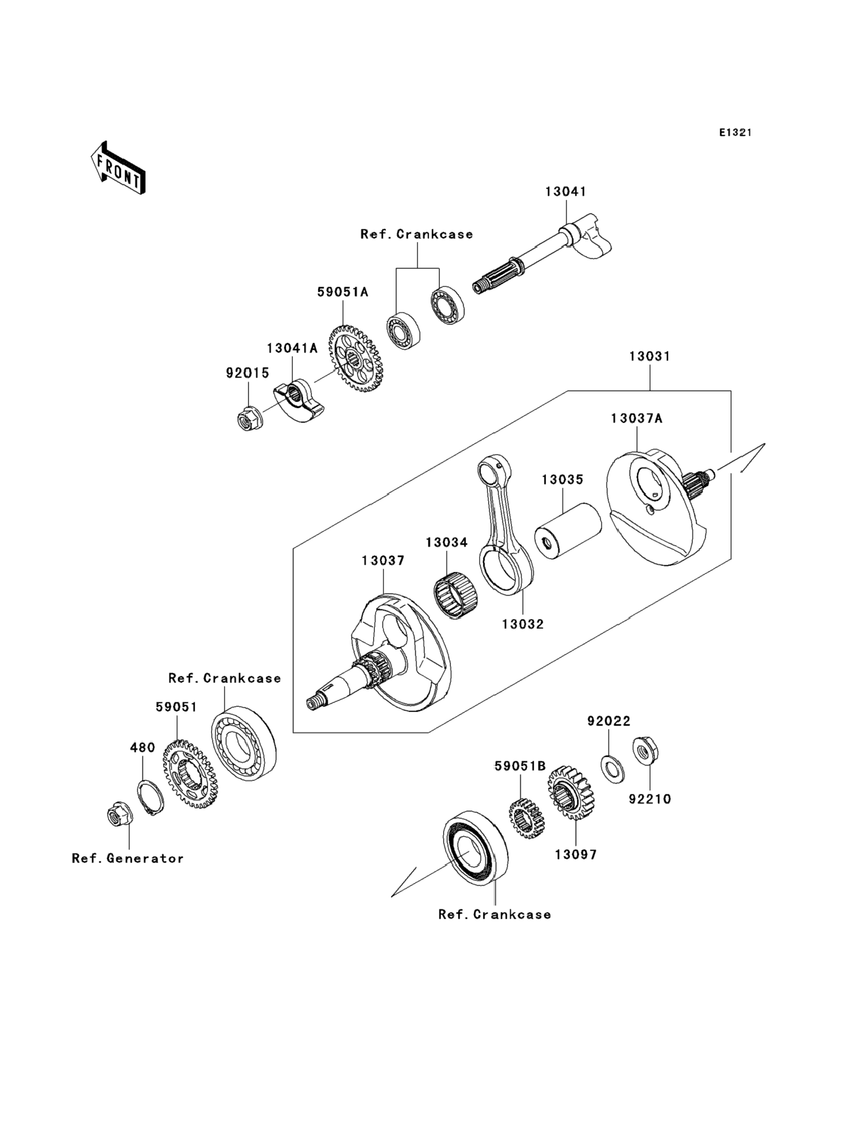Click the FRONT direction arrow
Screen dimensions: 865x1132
pyautogui.click(x=118, y=168)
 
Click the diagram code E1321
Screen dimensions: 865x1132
pyautogui.click(x=735, y=133)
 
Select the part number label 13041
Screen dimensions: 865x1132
pyautogui.click(x=566, y=191)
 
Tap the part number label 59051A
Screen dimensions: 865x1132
pyautogui.click(x=343, y=292)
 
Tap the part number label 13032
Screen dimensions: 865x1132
pyautogui.click(x=523, y=624)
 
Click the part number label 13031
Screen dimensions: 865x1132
pyautogui.click(x=649, y=356)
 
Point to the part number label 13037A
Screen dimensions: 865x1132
pyautogui.click(x=637, y=418)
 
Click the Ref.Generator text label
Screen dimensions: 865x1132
pyautogui.click(x=128, y=858)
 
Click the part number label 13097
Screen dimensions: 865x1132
pyautogui.click(x=576, y=855)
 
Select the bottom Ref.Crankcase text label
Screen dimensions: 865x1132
pyautogui.click(x=494, y=914)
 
